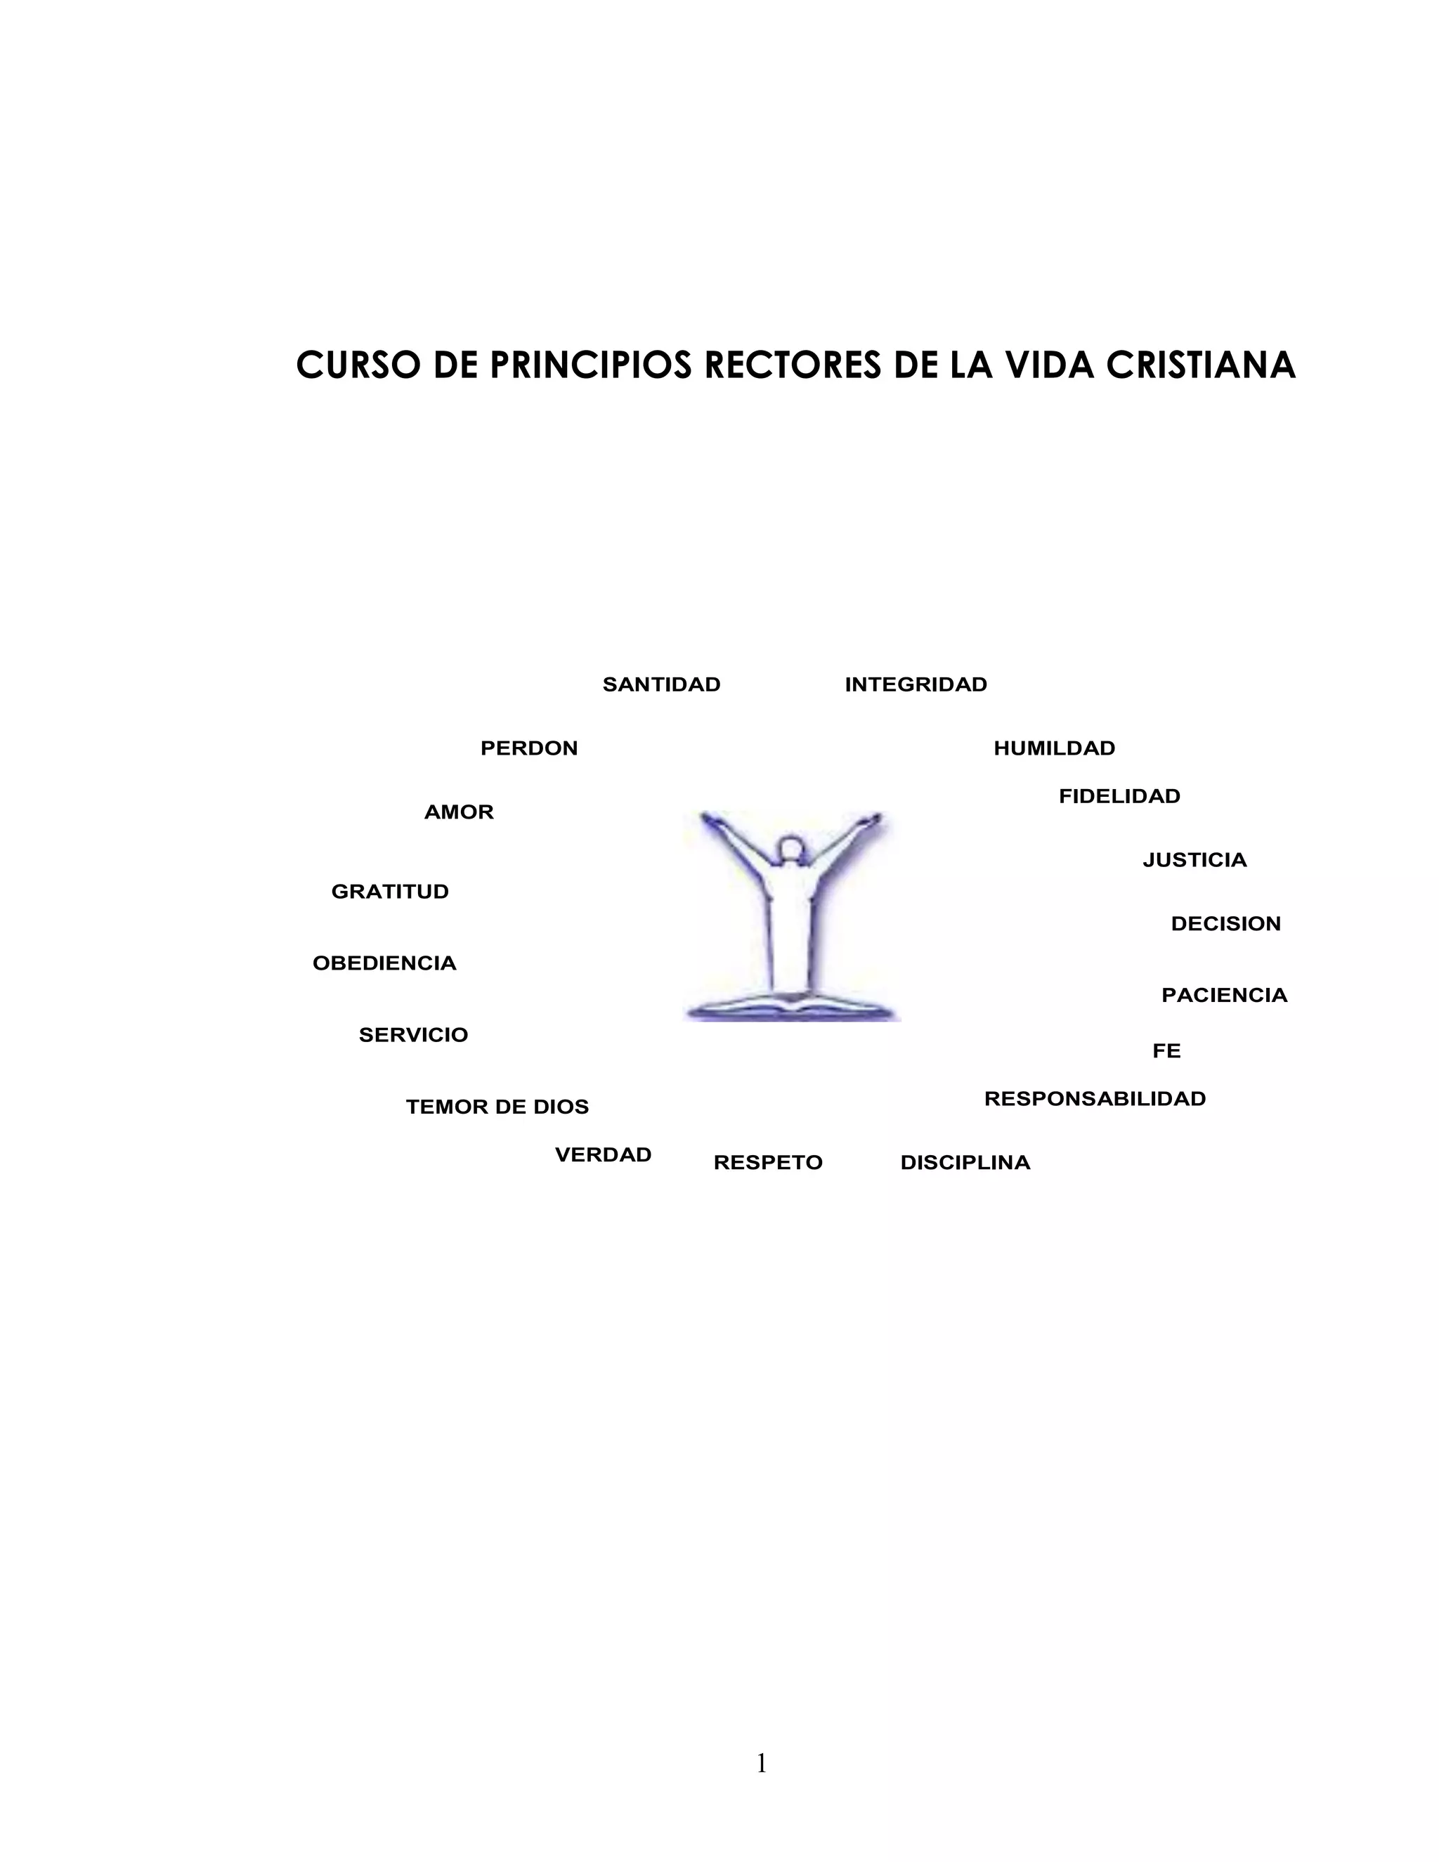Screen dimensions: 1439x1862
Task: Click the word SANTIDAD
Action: coord(661,684)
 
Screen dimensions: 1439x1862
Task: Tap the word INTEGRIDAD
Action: coord(916,684)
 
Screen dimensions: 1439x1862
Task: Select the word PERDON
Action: coord(528,748)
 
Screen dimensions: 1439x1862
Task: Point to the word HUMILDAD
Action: coord(1054,748)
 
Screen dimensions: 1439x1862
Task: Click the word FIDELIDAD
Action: coord(1119,796)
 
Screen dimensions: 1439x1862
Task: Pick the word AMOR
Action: coord(459,812)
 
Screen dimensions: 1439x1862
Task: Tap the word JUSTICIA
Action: coord(1194,860)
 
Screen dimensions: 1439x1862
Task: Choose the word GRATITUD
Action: coord(389,892)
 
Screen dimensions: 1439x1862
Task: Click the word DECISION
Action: coord(1225,924)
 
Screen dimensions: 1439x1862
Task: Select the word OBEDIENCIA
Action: coord(384,963)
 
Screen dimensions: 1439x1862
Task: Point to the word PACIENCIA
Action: coord(1224,996)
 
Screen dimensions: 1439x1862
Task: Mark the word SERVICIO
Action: coord(413,1035)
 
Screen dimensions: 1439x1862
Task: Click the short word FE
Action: coord(1166,1051)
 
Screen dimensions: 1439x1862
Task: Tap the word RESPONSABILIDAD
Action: coord(1095,1099)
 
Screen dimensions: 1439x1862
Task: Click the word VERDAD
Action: coord(603,1155)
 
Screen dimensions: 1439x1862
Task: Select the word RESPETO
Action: coord(767,1163)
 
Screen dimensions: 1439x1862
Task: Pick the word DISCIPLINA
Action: coord(965,1163)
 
